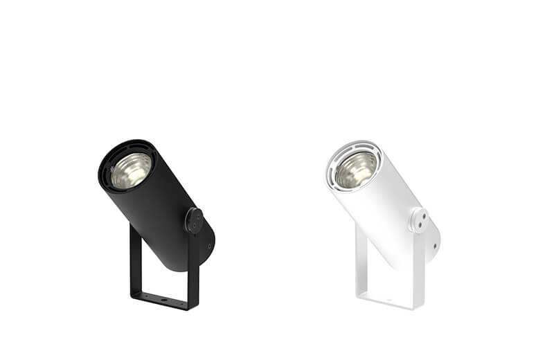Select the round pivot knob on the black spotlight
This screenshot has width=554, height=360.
(x=194, y=221)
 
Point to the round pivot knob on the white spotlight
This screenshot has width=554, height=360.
(x=418, y=221)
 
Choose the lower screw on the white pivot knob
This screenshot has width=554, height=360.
(x=419, y=226)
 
